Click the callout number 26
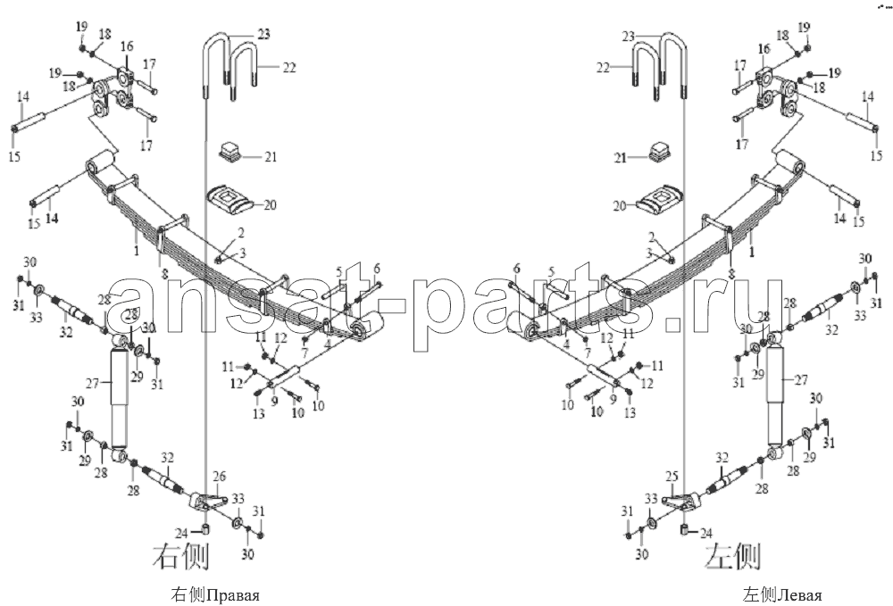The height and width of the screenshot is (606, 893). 219,476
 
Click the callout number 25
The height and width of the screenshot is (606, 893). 672,475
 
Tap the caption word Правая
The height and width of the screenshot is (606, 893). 232,595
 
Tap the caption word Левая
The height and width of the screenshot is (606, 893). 799,595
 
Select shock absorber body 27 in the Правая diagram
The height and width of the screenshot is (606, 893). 120,398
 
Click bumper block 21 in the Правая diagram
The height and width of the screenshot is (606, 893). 230,152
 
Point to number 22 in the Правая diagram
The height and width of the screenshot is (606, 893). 289,67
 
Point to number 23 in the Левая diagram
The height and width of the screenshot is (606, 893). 628,37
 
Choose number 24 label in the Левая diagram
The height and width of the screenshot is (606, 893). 706,533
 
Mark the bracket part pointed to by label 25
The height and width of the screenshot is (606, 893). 681,502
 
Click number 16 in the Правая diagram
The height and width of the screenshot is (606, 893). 127,46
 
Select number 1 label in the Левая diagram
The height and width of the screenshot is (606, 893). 752,252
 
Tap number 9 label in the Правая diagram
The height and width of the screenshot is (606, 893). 274,402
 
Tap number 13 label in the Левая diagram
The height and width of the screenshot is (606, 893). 630,412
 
